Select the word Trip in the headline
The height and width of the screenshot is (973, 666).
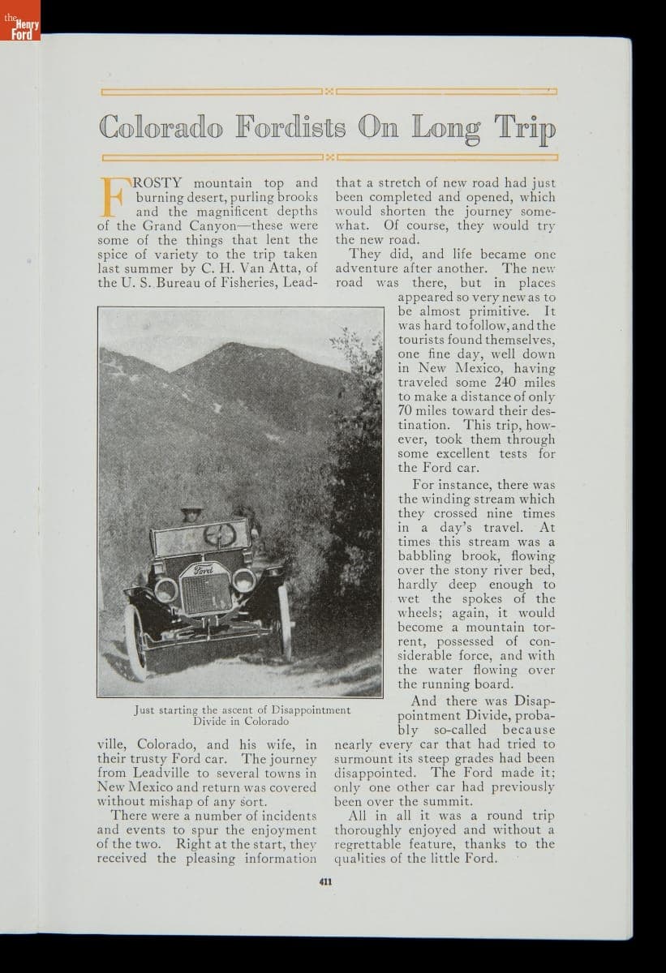click(x=525, y=127)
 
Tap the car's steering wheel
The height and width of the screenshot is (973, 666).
click(x=220, y=534)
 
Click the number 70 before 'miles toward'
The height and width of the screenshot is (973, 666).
click(x=406, y=411)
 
